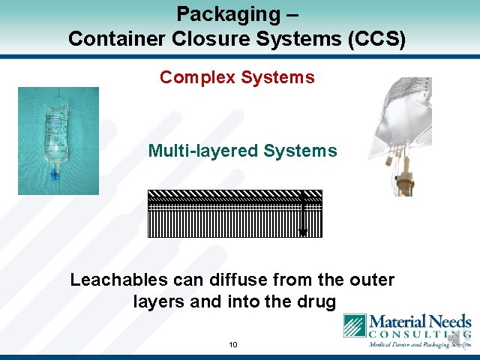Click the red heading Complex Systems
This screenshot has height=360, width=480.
coord(237,77)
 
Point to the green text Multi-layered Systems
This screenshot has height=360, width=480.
coord(242,151)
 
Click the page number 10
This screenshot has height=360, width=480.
coord(233,345)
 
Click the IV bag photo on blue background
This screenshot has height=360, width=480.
coord(58,141)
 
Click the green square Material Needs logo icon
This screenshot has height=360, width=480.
coord(355,326)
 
